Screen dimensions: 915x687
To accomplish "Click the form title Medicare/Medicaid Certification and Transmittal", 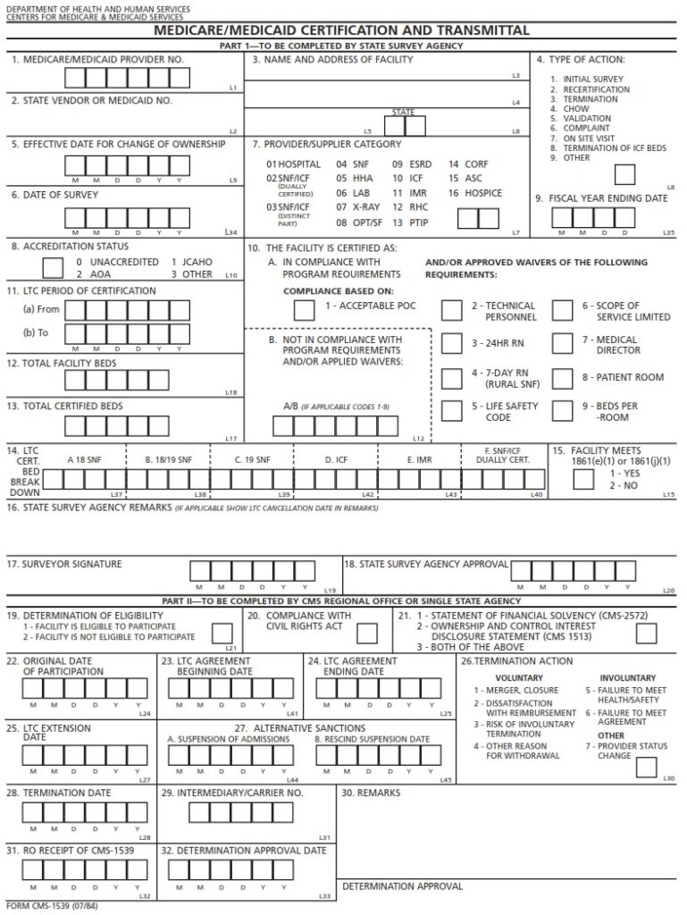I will [342, 30].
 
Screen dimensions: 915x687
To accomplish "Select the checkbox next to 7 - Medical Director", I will [562, 344].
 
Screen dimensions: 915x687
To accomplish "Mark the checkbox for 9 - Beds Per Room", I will [562, 410].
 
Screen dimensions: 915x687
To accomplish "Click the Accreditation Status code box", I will [54, 267].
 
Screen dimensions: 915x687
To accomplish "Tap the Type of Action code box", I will [624, 174].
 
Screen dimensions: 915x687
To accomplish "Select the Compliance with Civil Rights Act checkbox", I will [367, 633].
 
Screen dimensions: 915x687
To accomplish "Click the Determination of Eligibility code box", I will [222, 633].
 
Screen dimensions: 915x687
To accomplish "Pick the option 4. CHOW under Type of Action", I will [569, 109].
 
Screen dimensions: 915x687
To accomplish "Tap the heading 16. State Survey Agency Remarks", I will [89, 508].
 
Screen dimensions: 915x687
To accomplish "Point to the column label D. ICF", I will [336, 459].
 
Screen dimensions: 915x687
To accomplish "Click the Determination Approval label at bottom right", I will [403, 886].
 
